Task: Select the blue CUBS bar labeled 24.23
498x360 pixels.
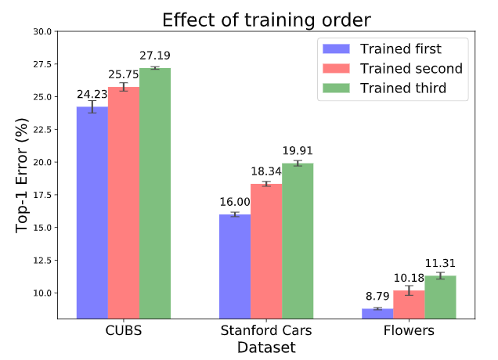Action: (92, 211)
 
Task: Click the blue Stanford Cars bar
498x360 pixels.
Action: (235, 266)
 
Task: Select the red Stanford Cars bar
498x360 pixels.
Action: (266, 250)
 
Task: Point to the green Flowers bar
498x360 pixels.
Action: (440, 297)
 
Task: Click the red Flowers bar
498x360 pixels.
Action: (409, 304)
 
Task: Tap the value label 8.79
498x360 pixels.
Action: (377, 297)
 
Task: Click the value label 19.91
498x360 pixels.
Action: (298, 151)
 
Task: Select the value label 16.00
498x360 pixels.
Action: (234, 202)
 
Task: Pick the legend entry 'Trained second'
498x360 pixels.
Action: (410, 69)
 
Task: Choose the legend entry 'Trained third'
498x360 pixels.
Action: (402, 88)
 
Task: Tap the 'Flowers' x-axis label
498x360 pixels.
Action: (409, 331)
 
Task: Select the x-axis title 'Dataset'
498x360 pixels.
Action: (265, 347)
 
